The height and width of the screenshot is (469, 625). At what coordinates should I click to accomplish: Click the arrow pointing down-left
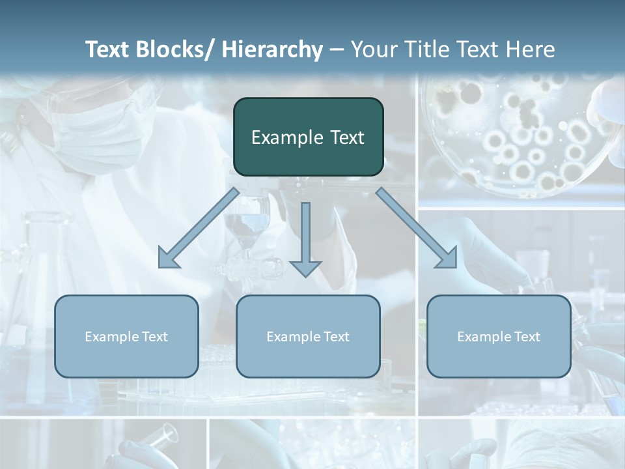198,229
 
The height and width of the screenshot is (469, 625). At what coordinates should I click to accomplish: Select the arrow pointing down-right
417,228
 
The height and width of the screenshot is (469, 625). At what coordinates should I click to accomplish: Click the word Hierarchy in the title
272,50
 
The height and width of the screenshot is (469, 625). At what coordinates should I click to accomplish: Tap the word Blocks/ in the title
174,50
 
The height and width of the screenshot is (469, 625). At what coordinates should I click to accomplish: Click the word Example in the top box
287,138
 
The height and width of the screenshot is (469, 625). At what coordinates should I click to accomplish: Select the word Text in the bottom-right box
527,337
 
